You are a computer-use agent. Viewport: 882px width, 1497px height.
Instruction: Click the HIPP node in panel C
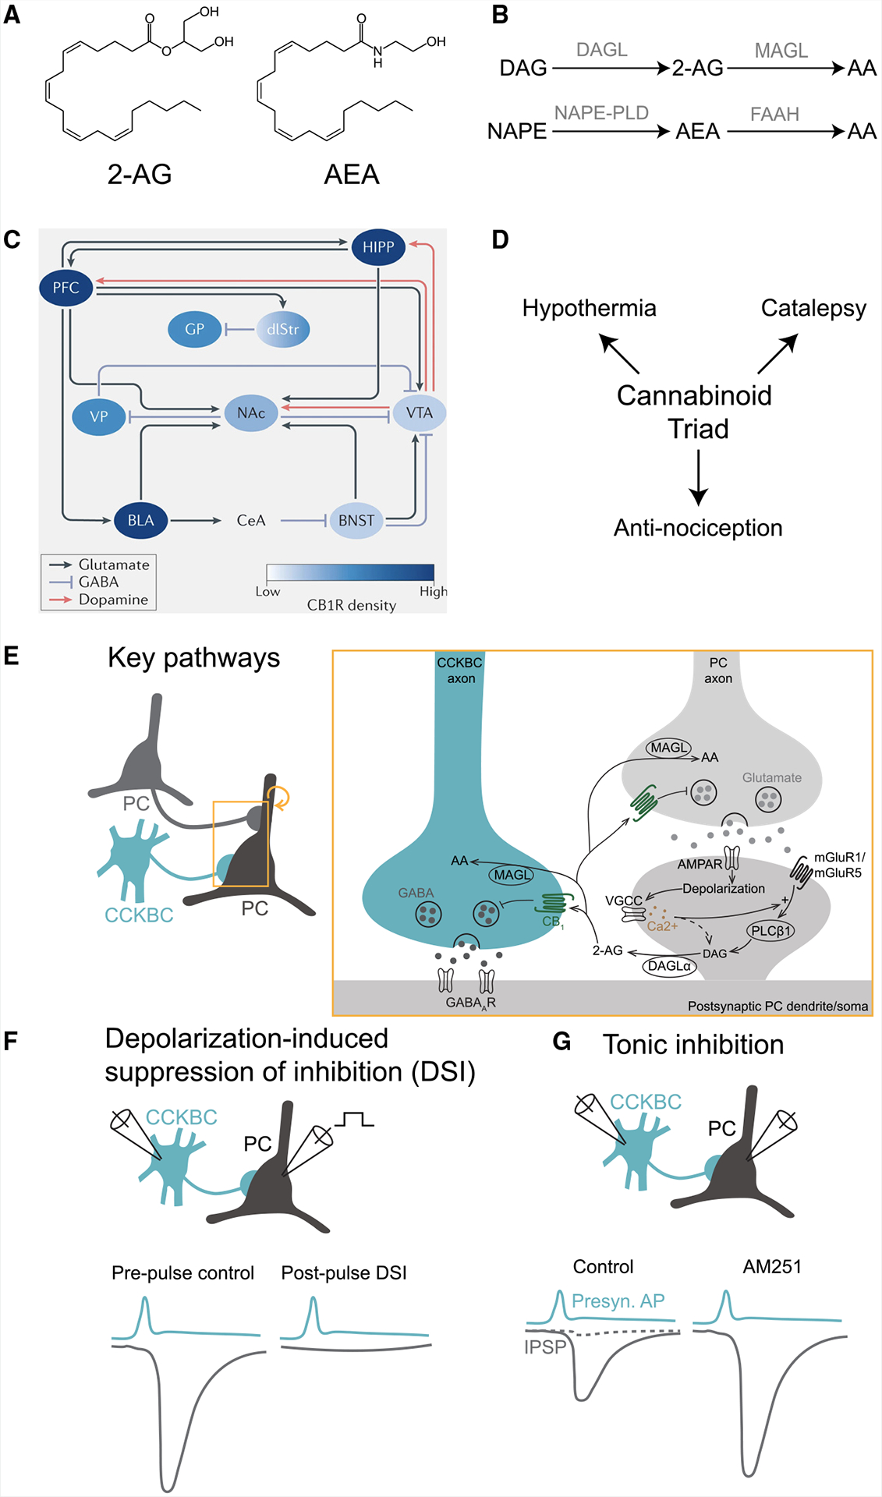[378, 247]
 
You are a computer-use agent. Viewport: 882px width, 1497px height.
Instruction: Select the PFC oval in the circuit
[66, 288]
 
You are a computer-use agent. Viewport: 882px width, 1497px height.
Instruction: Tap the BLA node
[140, 520]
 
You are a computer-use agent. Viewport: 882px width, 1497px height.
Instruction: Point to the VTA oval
[419, 412]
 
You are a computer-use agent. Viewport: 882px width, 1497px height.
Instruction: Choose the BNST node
[356, 520]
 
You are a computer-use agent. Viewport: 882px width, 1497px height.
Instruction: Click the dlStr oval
[282, 329]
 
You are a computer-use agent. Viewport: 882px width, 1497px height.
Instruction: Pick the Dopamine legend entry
[113, 600]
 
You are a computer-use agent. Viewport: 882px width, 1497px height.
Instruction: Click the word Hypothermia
[589, 308]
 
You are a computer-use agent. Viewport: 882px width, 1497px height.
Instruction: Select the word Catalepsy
[813, 308]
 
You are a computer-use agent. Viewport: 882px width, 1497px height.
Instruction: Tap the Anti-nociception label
[698, 528]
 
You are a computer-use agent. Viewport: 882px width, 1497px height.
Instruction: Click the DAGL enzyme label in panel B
[601, 50]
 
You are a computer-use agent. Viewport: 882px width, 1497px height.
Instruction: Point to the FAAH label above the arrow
[774, 115]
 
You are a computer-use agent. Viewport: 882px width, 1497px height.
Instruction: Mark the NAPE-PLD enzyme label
[601, 113]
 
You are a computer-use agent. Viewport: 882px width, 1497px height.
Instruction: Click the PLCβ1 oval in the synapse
[770, 930]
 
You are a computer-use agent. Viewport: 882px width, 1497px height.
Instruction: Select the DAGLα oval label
[669, 966]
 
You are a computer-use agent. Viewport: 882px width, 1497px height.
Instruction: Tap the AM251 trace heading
[772, 1267]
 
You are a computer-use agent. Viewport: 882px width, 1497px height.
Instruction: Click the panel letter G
[561, 1042]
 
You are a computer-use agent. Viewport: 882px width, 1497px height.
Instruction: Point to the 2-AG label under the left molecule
[140, 175]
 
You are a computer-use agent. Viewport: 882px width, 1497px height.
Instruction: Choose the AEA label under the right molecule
[352, 175]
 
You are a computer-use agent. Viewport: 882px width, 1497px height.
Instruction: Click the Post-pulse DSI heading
[344, 1273]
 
